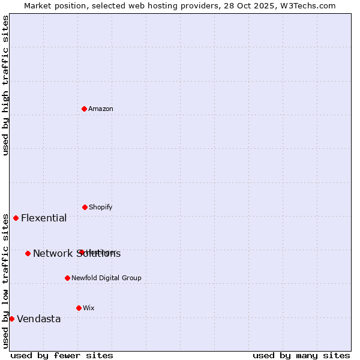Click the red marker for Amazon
85,109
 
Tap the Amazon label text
101,109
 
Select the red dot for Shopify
85,207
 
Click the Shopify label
101,208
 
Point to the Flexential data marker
16,218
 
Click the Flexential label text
44,218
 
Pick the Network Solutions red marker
28,253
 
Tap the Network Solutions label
77,254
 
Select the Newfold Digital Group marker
67,278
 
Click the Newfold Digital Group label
106,278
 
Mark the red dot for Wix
79,308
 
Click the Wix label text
89,308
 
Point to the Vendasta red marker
12,319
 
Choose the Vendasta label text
39,319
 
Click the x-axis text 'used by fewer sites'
62,356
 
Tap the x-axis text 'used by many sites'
301,356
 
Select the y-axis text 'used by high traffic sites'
6,85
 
